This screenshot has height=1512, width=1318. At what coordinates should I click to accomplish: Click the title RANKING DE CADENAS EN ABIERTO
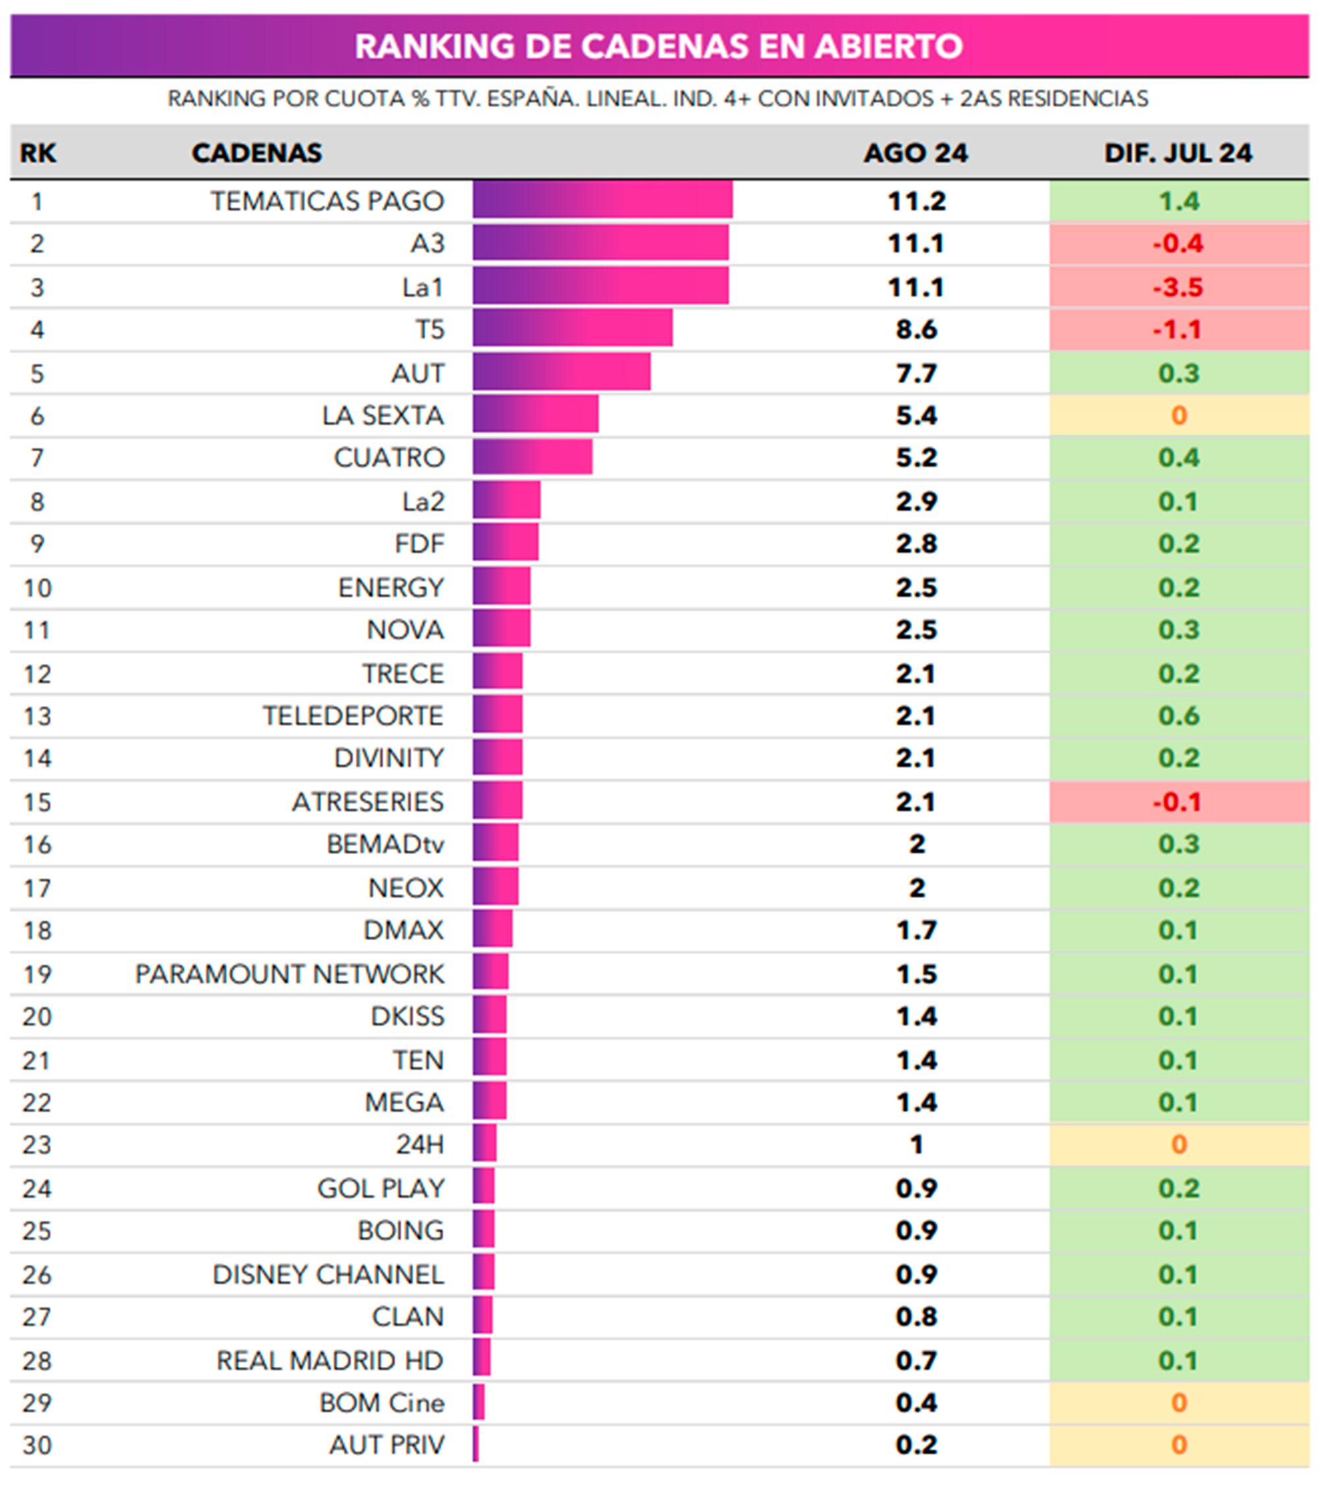(658, 45)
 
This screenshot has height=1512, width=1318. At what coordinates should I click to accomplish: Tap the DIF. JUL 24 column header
(1178, 153)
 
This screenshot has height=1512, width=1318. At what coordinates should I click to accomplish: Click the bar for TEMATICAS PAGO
(602, 200)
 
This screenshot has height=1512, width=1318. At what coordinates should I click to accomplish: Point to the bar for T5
(572, 328)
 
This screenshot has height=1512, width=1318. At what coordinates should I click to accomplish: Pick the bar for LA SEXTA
(534, 415)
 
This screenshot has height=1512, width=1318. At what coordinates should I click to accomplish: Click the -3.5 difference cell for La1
(1178, 287)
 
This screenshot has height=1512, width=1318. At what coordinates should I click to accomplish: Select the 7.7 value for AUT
(916, 373)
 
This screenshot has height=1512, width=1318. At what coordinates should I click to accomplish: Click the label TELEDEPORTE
(353, 715)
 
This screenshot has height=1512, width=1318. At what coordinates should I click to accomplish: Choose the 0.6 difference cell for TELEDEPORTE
(1178, 715)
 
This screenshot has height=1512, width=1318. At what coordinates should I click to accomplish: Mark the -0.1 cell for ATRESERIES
(1178, 801)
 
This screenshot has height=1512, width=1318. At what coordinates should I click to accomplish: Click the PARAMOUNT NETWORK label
(290, 974)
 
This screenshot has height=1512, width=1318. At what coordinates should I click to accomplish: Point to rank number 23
(37, 1145)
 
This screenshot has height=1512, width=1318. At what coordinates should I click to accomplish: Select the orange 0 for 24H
(1178, 1144)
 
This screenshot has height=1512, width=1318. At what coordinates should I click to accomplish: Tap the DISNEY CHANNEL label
(328, 1274)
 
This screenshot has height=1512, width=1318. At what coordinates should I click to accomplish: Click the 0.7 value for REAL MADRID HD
(916, 1360)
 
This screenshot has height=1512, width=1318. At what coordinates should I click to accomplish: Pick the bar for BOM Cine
(479, 1403)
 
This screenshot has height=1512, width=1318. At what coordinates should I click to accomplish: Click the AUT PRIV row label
(387, 1445)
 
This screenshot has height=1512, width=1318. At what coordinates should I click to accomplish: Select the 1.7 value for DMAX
(916, 930)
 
